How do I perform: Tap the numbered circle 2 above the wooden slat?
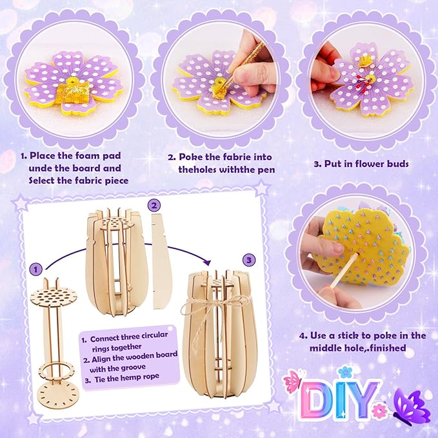154,206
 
